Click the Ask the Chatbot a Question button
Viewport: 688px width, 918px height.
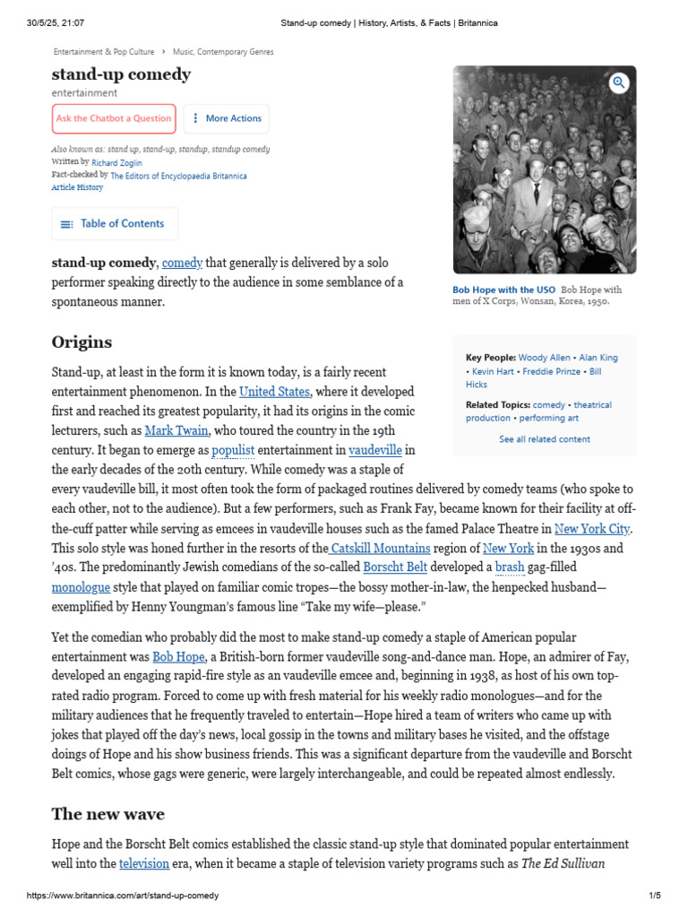click(x=114, y=118)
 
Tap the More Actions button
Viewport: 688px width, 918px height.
click(x=226, y=118)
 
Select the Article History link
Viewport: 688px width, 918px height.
click(x=77, y=187)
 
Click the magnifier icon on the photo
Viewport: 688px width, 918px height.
click(x=618, y=83)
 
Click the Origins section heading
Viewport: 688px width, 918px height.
click(x=82, y=342)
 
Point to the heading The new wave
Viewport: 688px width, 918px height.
click(x=107, y=814)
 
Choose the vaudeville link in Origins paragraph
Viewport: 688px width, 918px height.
click(x=374, y=449)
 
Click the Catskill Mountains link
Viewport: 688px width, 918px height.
click(x=380, y=548)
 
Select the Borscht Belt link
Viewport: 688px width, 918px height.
click(x=395, y=567)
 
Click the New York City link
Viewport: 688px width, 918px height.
click(x=592, y=529)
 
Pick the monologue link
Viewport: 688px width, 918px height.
click(x=81, y=587)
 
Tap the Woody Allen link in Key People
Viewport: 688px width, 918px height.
click(x=543, y=358)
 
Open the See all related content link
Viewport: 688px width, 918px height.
click(x=544, y=439)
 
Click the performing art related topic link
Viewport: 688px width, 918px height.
click(x=549, y=418)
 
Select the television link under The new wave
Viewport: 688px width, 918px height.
click(x=145, y=864)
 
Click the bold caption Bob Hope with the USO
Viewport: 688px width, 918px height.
click(x=503, y=290)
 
